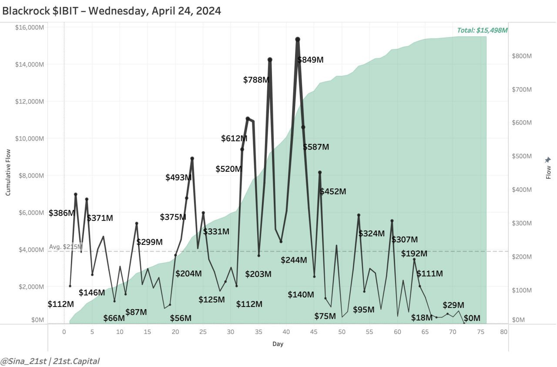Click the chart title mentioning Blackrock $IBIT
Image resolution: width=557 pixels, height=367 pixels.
pos(112,11)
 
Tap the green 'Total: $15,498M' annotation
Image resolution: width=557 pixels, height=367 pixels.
pos(482,30)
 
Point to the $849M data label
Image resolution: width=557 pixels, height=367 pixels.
pos(311,60)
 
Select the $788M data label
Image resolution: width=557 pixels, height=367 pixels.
pos(256,80)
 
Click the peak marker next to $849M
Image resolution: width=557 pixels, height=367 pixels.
pos(298,40)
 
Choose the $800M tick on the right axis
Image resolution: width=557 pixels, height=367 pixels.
pos(522,56)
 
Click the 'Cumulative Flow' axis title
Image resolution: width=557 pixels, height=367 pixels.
pos(8,172)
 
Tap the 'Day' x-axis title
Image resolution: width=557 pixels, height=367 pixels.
pos(278,344)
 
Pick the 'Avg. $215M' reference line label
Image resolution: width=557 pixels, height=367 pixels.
pos(65,247)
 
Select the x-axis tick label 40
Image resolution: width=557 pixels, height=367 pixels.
pos(286,332)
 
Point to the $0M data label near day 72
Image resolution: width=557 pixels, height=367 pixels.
pos(472,318)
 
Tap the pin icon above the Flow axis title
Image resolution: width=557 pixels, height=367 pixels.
pos(548,160)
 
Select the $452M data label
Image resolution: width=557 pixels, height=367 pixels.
pos(333,191)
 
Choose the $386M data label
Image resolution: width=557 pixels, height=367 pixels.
pos(62,213)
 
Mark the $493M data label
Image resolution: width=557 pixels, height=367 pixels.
pos(178,177)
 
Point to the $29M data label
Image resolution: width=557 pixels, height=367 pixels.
pos(453,305)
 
